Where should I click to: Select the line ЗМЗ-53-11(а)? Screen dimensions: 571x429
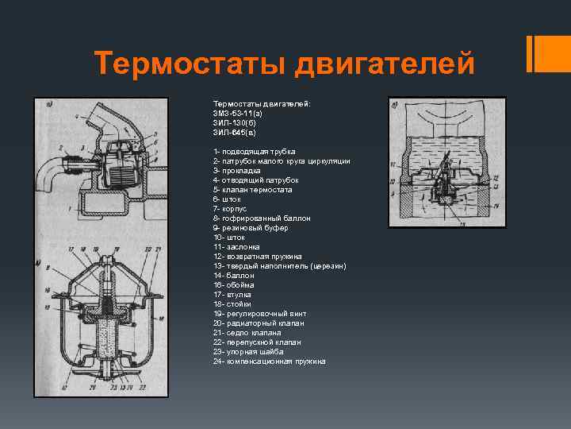click(237, 114)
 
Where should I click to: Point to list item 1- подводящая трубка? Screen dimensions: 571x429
click(254, 152)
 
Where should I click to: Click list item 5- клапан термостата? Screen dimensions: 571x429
click(252, 190)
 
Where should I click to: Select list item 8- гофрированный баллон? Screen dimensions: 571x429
click(262, 218)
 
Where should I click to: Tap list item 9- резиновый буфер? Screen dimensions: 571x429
click(251, 228)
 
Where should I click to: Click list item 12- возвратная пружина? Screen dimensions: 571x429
click(257, 257)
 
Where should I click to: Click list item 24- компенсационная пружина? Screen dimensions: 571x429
click(269, 361)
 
